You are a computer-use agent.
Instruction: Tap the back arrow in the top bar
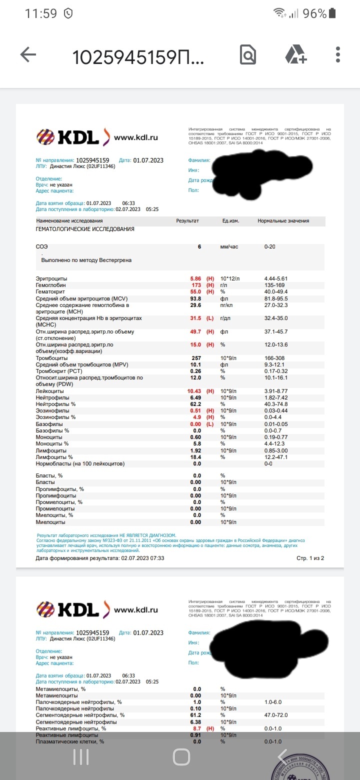coord(28,55)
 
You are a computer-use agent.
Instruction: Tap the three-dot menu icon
coord(338,55)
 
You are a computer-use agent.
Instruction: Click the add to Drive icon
coord(296,55)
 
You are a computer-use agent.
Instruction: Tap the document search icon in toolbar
coord(248,55)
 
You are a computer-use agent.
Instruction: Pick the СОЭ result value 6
coord(199,247)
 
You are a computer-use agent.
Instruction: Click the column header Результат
coord(187,221)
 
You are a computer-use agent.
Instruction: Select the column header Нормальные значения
coord(283,221)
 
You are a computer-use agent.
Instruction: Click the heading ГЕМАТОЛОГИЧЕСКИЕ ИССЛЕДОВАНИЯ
coord(85,229)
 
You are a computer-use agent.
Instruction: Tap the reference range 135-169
coord(274,285)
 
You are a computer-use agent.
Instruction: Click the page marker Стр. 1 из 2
coord(310,558)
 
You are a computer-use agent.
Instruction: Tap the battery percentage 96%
coord(314,13)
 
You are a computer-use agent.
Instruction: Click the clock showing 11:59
coord(40,13)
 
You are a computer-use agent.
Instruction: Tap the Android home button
coord(181,757)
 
